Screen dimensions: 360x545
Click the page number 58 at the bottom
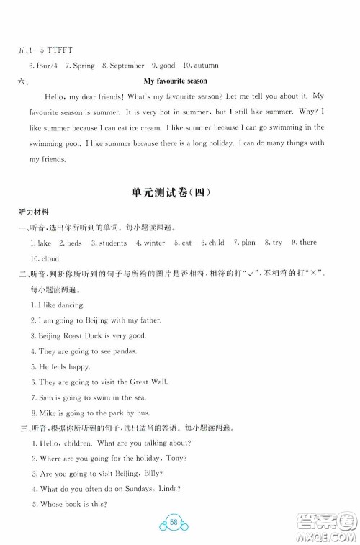[180, 519]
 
